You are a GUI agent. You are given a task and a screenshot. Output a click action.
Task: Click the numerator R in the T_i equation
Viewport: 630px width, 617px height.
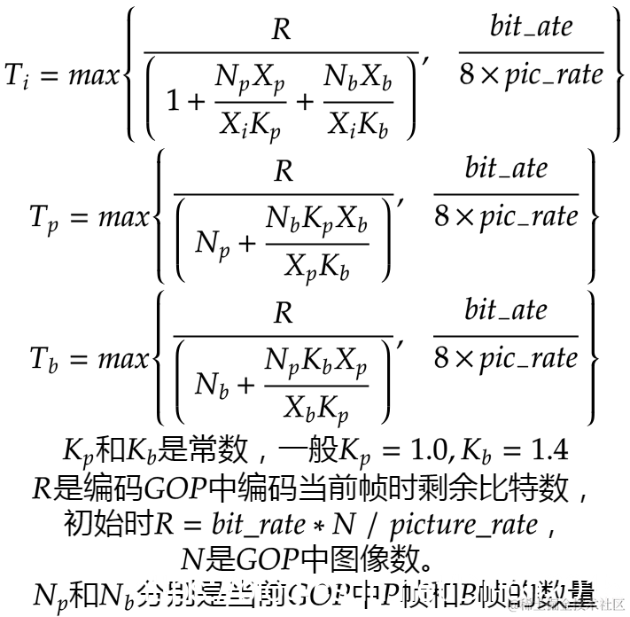[x=281, y=30]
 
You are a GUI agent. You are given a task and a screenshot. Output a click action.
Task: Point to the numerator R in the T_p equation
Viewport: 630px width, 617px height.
[x=283, y=171]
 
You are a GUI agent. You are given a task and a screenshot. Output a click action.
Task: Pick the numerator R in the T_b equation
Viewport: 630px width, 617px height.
[x=283, y=313]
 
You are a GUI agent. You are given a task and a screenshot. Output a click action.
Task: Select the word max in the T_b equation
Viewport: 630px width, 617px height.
[x=122, y=359]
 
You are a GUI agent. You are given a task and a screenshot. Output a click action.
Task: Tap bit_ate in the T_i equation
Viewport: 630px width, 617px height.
[x=531, y=26]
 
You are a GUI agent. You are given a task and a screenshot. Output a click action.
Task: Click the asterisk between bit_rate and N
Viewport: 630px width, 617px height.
[x=318, y=525]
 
